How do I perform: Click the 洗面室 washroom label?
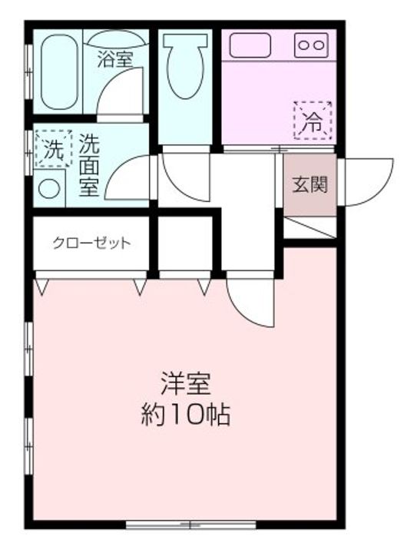89,164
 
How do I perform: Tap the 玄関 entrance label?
310,184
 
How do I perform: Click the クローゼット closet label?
91,243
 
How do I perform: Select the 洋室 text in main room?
185,382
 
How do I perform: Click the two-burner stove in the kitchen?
311,45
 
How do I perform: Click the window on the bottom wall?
191,525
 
